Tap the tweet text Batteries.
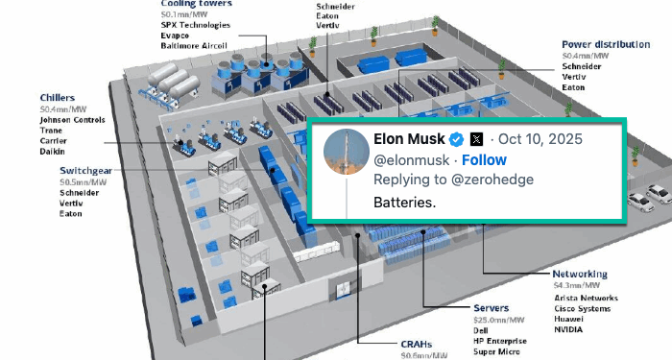404,203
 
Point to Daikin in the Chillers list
53,152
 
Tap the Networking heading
580,274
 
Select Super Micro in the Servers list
499,352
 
